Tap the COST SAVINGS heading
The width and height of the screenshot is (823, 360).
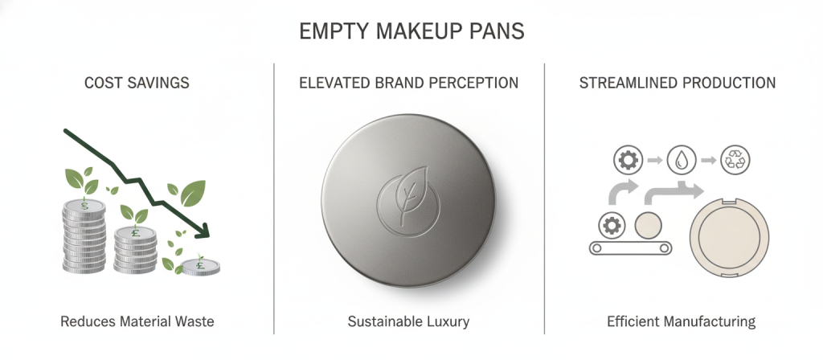(137, 83)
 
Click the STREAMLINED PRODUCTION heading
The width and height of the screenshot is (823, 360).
(678, 83)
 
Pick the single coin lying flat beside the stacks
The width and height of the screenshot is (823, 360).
(201, 266)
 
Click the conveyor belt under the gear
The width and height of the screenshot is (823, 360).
(631, 248)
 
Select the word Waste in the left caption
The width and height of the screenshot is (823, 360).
(193, 322)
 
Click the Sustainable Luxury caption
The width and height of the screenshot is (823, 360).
(408, 322)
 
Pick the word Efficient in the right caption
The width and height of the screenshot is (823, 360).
(633, 322)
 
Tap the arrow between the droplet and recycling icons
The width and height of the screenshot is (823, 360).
(707, 161)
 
